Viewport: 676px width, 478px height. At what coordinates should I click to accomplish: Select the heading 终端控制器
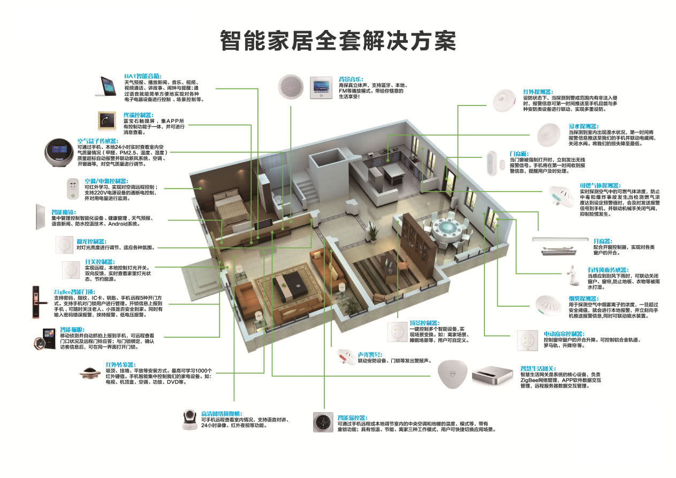[x=138, y=115]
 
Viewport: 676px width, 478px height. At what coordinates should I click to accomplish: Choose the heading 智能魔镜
[x=63, y=212]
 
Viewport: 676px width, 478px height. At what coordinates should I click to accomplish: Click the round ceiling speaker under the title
[x=293, y=86]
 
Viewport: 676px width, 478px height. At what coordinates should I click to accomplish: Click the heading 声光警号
[x=370, y=354]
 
